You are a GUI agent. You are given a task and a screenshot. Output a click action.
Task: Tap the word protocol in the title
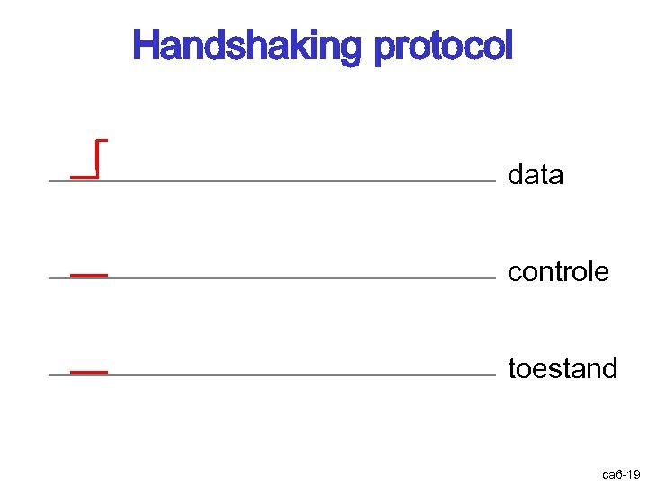pyautogui.click(x=442, y=46)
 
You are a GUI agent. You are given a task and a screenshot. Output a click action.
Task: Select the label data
pyautogui.click(x=536, y=175)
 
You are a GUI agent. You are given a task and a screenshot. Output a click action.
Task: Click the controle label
pyautogui.click(x=558, y=271)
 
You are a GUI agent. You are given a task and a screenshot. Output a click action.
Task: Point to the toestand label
pyautogui.click(x=563, y=368)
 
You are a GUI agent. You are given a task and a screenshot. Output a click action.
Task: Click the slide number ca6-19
pyautogui.click(x=620, y=472)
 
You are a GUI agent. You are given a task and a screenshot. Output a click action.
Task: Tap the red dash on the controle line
pyautogui.click(x=89, y=273)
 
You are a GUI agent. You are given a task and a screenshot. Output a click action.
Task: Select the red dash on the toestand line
pyautogui.click(x=89, y=370)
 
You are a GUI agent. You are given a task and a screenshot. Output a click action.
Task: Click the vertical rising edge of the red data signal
pyautogui.click(x=96, y=159)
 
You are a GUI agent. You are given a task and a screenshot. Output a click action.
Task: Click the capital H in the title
pyautogui.click(x=144, y=45)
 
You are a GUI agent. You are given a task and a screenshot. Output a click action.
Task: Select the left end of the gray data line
pyautogui.click(x=50, y=181)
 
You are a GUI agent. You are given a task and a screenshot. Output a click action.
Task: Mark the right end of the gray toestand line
pyautogui.click(x=493, y=375)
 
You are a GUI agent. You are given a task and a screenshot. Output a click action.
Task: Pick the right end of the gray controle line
pyautogui.click(x=493, y=278)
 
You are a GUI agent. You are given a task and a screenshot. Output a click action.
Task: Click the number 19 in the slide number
pyautogui.click(x=632, y=472)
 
